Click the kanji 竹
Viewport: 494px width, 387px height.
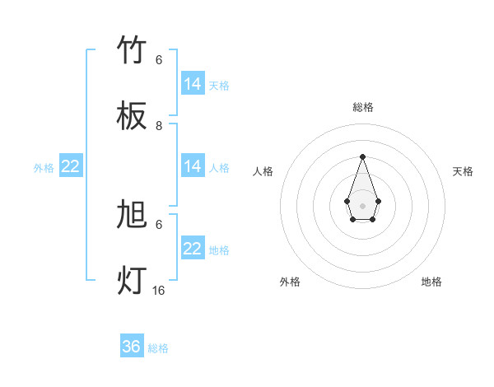[133, 51]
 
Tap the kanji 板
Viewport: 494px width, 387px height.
[133, 116]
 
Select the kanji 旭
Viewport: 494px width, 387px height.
[133, 215]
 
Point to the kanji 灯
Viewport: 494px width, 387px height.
[133, 280]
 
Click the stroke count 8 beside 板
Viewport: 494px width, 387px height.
[159, 125]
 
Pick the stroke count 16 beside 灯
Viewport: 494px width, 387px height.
[159, 290]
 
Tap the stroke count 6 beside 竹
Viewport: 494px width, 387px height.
[159, 60]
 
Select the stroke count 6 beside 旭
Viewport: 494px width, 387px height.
[159, 224]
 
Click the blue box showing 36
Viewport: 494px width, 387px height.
[132, 347]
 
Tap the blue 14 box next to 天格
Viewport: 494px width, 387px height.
[193, 84]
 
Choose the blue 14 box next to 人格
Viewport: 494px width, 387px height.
[193, 166]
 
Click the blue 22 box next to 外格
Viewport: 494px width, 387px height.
[71, 166]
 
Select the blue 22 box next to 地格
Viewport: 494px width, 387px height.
[193, 249]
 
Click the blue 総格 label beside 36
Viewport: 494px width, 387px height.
[158, 348]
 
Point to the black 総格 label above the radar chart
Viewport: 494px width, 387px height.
[362, 107]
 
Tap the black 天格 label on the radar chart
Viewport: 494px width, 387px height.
[463, 171]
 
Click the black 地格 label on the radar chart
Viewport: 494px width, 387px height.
[431, 282]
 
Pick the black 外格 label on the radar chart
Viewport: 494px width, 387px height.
[290, 282]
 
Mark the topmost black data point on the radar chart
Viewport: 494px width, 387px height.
[362, 156]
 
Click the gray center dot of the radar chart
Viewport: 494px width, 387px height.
[362, 205]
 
